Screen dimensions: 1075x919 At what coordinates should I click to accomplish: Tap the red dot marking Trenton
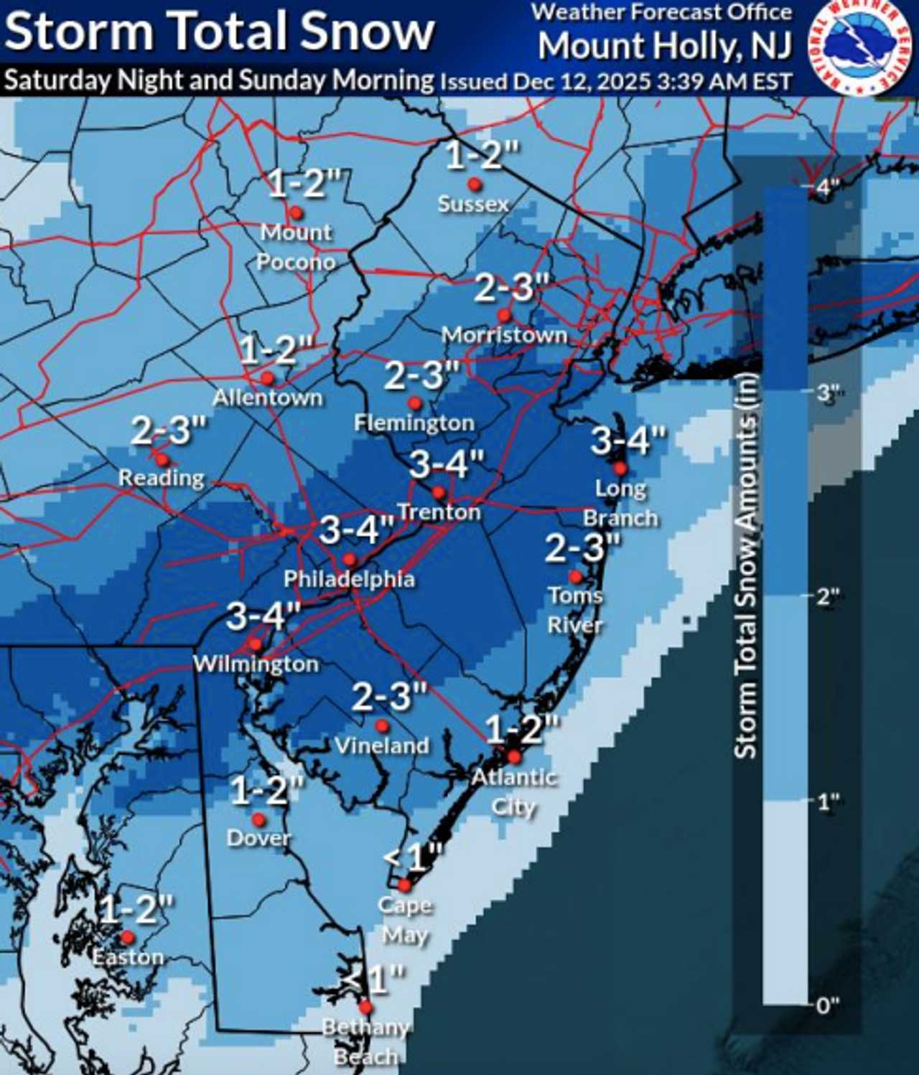click(x=439, y=493)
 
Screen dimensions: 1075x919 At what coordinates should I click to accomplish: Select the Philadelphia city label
click(x=349, y=579)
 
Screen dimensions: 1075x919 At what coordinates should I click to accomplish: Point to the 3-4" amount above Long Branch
click(x=628, y=440)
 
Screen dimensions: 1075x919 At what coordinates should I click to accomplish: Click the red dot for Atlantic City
click(x=514, y=756)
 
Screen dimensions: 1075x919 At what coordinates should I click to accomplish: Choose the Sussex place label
click(x=473, y=204)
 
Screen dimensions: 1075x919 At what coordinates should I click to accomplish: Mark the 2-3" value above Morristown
click(x=512, y=288)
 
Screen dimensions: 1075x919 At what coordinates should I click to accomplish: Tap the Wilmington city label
click(x=256, y=664)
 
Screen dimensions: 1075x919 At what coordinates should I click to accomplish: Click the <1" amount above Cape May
click(x=413, y=857)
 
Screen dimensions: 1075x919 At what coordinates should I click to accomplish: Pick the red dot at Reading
click(x=162, y=460)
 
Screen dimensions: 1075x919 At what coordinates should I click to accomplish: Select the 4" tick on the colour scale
click(x=828, y=188)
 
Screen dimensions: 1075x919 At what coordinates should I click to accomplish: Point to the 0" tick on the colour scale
click(x=828, y=1005)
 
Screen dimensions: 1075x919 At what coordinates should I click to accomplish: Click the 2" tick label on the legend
click(x=828, y=596)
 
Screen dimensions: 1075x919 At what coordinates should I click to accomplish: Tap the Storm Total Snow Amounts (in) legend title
click(x=746, y=565)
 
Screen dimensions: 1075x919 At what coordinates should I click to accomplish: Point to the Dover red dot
click(x=258, y=820)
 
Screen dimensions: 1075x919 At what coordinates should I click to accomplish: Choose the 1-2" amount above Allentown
click(x=276, y=349)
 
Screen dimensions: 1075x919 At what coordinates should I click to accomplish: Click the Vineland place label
click(x=382, y=746)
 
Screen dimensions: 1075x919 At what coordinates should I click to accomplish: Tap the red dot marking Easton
click(x=127, y=937)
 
